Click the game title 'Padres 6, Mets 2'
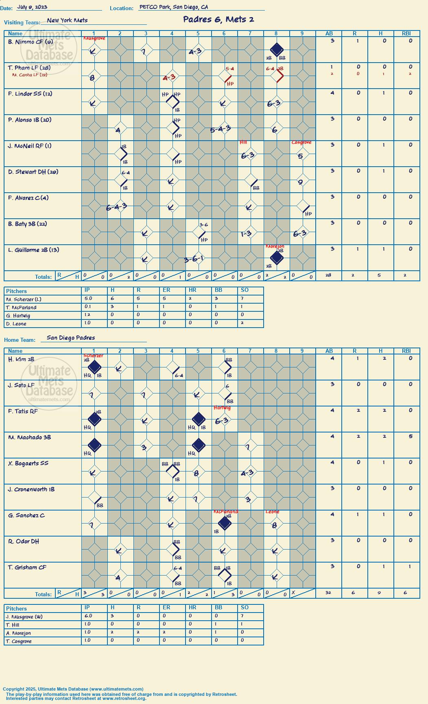[218, 20]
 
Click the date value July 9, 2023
[32, 7]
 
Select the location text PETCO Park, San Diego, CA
[174, 7]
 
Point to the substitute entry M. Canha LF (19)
[30, 75]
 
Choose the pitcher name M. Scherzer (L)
[24, 299]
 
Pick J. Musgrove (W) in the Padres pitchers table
[24, 617]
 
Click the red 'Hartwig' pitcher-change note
[222, 408]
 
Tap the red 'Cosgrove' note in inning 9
[301, 142]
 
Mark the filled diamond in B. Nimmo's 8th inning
[277, 50]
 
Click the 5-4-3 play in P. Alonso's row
[221, 129]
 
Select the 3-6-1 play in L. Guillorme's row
[194, 259]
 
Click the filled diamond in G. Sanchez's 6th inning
[225, 523]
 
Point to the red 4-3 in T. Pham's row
[169, 77]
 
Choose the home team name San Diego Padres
[71, 338]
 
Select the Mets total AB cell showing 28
[328, 275]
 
